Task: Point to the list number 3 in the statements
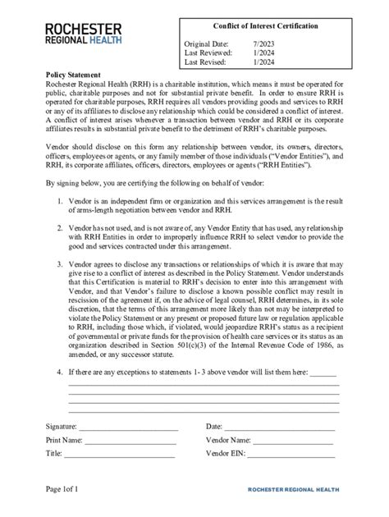point(58,265)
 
